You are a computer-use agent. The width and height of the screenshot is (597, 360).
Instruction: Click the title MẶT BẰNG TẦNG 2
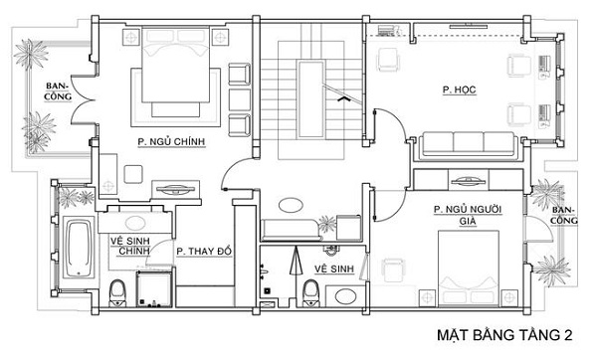(504, 335)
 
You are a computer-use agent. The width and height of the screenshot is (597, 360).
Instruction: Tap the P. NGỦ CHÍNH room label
(171, 142)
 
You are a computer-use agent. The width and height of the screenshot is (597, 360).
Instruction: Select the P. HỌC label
(459, 90)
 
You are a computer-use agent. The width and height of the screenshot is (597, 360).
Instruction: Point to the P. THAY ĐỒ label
(204, 252)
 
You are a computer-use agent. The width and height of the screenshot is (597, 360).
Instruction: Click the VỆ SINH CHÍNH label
(130, 246)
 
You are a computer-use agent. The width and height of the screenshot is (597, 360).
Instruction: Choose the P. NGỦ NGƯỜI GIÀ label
(468, 215)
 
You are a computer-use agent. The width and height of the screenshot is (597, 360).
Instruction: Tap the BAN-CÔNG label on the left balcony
(58, 91)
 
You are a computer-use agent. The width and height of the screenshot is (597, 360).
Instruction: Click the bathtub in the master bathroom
(79, 248)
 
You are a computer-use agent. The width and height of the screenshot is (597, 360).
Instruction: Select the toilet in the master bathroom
(117, 293)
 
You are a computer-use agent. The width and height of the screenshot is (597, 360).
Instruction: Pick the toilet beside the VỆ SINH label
(311, 293)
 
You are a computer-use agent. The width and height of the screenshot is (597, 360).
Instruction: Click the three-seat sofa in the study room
(469, 146)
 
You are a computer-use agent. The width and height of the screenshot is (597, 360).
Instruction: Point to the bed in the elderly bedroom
(469, 269)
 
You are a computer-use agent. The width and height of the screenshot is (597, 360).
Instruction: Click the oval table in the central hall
(291, 206)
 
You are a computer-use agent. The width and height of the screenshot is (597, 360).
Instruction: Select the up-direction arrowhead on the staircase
(344, 98)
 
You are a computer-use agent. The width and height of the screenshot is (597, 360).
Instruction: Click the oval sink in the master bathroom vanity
(135, 223)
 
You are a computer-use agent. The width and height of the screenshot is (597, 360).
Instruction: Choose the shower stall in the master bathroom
(154, 289)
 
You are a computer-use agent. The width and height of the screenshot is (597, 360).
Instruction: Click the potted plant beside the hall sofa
(327, 224)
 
